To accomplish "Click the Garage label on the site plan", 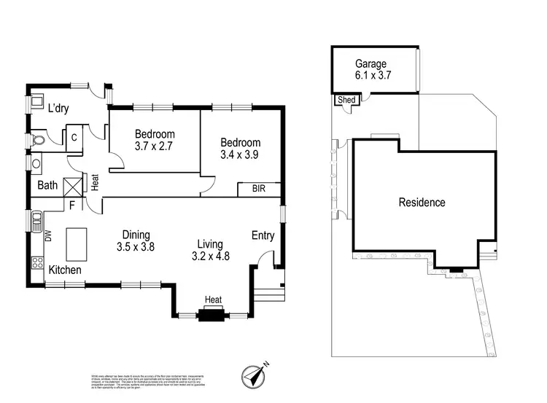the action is pyautogui.click(x=371, y=63).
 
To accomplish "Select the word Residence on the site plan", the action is pyautogui.click(x=422, y=203).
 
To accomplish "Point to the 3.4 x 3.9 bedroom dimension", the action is pyautogui.click(x=241, y=154).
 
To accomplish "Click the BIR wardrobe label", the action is pyautogui.click(x=259, y=189).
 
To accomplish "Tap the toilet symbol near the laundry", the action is pyautogui.click(x=39, y=139).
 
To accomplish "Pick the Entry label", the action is pyautogui.click(x=263, y=235).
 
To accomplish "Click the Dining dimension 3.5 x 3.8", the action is pyautogui.click(x=136, y=246).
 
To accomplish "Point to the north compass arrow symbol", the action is pyautogui.click(x=255, y=375).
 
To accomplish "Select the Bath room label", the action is pyautogui.click(x=48, y=185).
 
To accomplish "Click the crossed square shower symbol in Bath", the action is pyautogui.click(x=73, y=185).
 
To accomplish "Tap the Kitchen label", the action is pyautogui.click(x=65, y=270).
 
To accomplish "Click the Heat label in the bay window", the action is pyautogui.click(x=213, y=300).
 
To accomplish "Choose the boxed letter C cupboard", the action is pyautogui.click(x=74, y=136).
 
